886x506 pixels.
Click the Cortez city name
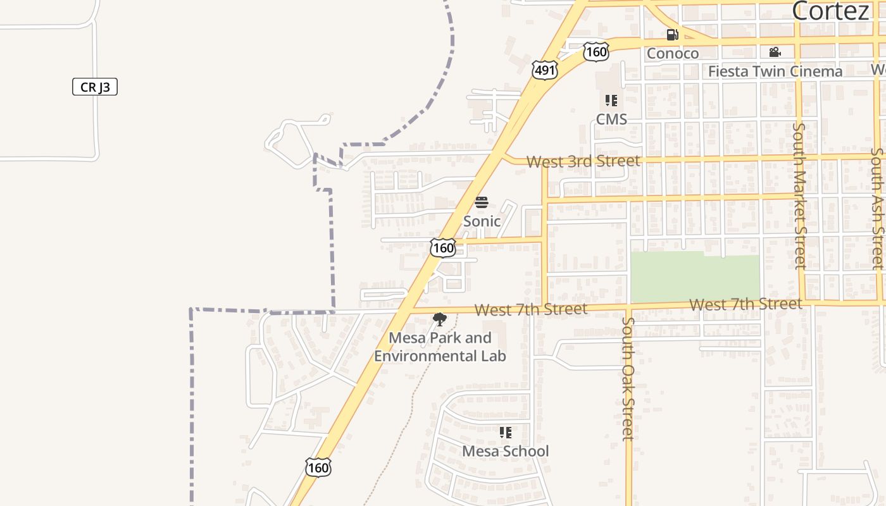830,11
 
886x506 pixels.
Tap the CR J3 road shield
95,87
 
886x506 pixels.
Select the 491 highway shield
545,70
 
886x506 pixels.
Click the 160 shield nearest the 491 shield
596,51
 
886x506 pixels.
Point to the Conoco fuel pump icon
672,35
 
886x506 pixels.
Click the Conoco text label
672,53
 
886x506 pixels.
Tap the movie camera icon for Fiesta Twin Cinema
775,52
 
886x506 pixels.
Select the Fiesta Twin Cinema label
775,71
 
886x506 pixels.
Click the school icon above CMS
611,100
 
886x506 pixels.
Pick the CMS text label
611,119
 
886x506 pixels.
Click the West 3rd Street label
583,161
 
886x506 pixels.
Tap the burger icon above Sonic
482,202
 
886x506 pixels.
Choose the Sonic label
482,221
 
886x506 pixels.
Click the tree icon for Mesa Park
439,319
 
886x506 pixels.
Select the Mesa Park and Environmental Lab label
440,347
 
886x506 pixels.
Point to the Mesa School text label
505,451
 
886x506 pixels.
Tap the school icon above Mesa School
505,433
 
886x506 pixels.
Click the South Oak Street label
627,378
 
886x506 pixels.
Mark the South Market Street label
799,196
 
